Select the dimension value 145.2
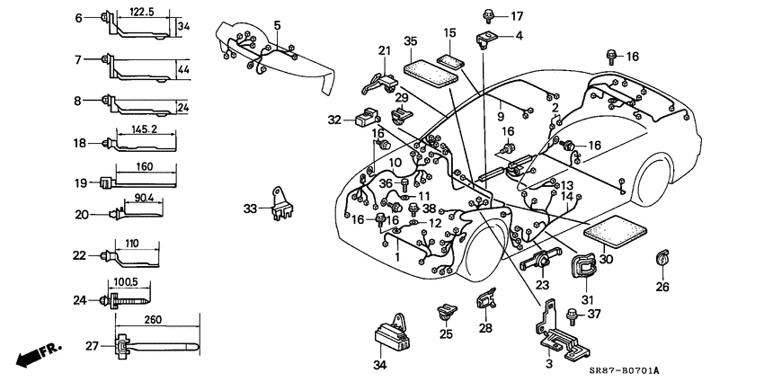tap(145, 129)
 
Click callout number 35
tap(410, 41)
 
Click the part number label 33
tap(250, 209)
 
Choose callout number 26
tap(662, 288)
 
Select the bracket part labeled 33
tap(283, 205)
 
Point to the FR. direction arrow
tap(32, 351)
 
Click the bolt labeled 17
tap(490, 15)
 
